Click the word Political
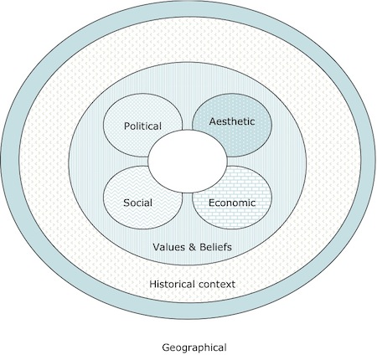(x=142, y=126)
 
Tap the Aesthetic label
(x=232, y=121)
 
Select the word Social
(x=137, y=203)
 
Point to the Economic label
(x=232, y=203)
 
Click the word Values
(x=168, y=247)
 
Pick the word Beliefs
(x=215, y=247)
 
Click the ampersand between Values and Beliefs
(x=192, y=247)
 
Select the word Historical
(x=172, y=284)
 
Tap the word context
(x=217, y=285)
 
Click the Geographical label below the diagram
(x=194, y=347)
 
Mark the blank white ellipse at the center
(x=188, y=162)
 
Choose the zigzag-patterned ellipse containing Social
(x=143, y=198)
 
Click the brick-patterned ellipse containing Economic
(x=232, y=198)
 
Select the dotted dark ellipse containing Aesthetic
(x=232, y=126)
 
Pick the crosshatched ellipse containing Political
(x=143, y=126)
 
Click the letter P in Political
(x=127, y=126)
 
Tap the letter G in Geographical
(x=166, y=347)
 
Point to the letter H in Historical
(x=153, y=284)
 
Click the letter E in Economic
(x=212, y=203)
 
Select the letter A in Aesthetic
(x=213, y=121)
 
